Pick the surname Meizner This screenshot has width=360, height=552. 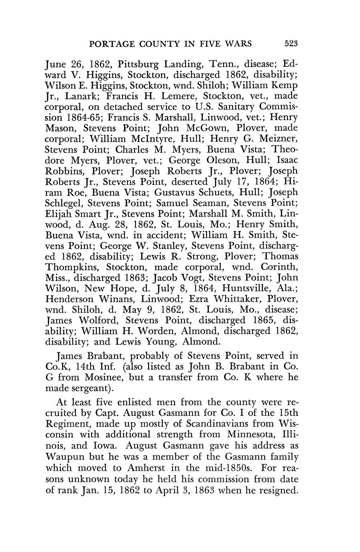point(278,140)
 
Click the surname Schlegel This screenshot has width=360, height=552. point(64,205)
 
